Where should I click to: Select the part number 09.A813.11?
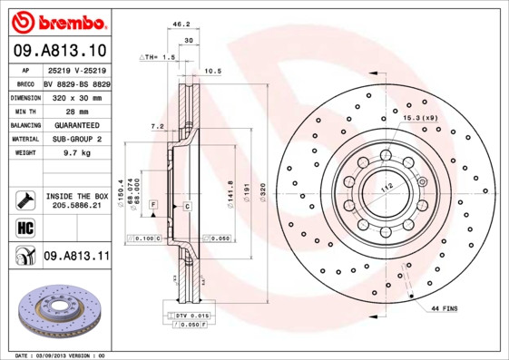pyautogui.click(x=76, y=257)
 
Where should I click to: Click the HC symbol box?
pyautogui.click(x=24, y=227)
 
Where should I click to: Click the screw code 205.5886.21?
pyautogui.click(x=76, y=207)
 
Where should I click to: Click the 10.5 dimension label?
pyautogui.click(x=213, y=71)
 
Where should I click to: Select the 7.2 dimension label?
pyautogui.click(x=156, y=126)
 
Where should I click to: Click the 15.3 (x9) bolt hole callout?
pyautogui.click(x=420, y=117)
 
